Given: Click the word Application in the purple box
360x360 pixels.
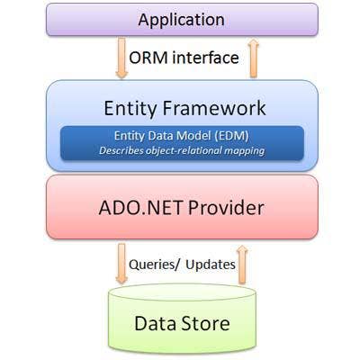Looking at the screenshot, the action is pyautogui.click(x=181, y=21).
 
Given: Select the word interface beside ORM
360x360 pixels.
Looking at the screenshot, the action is pyautogui.click(x=205, y=58).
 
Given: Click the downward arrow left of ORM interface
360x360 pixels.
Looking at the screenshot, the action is pyautogui.click(x=121, y=58).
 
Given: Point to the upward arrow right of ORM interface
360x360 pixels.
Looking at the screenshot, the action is pyautogui.click(x=254, y=58).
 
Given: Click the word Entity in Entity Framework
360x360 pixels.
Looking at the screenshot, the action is pyautogui.click(x=130, y=109).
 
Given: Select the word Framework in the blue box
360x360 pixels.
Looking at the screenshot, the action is pyautogui.click(x=214, y=108).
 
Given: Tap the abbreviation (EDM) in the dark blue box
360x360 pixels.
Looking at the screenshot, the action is pyautogui.click(x=231, y=136).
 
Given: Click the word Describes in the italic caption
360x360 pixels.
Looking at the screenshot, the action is pyautogui.click(x=121, y=150).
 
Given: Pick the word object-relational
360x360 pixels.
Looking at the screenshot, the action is pyautogui.click(x=184, y=150).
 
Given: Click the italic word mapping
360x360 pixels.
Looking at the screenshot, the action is pyautogui.click(x=244, y=151).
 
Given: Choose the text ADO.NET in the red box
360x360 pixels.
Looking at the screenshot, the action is pyautogui.click(x=140, y=208).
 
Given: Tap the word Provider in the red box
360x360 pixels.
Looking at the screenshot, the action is pyautogui.click(x=226, y=208).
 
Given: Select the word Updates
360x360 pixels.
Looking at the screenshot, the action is pyautogui.click(x=211, y=265).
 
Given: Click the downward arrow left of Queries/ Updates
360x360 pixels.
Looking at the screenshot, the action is pyautogui.click(x=121, y=264).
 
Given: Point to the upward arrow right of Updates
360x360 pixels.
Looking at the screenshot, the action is pyautogui.click(x=242, y=264).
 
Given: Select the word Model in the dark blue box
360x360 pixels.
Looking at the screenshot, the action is pyautogui.click(x=193, y=136).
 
